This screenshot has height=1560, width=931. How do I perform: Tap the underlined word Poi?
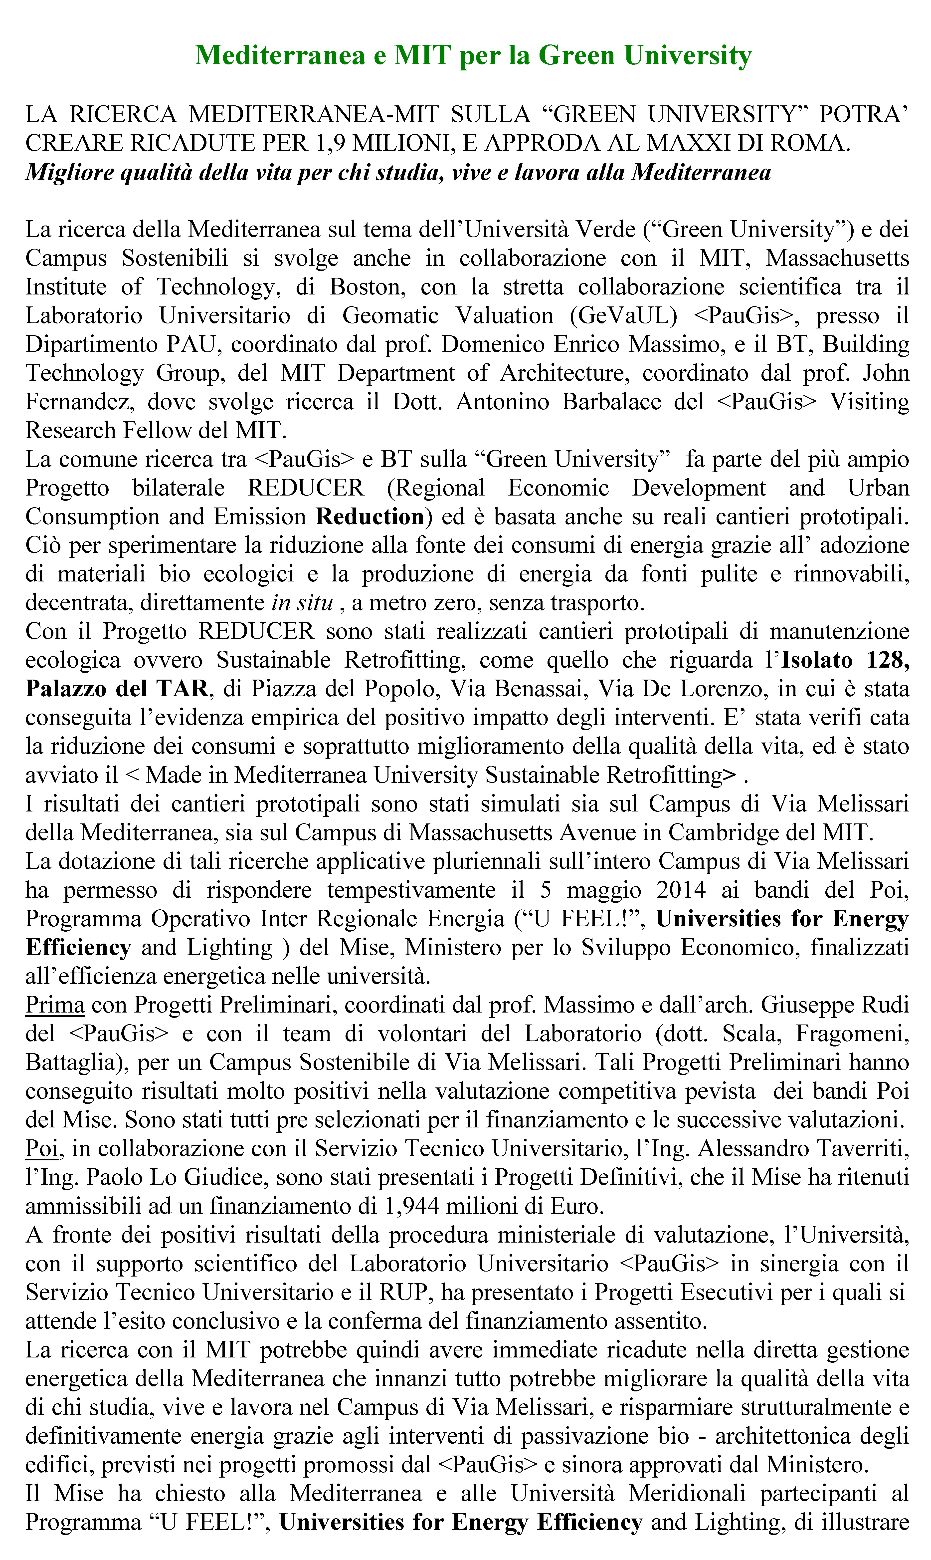pos(41,1148)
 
